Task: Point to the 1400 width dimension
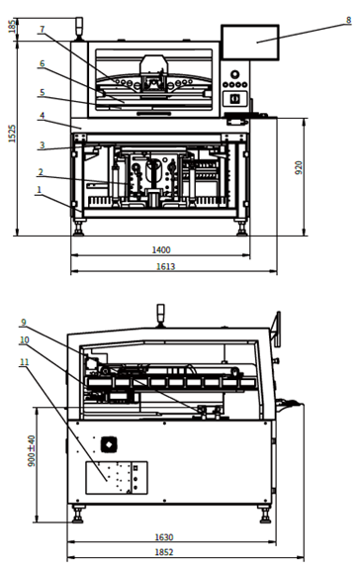click(161, 250)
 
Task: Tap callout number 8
click(349, 19)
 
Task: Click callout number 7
click(42, 30)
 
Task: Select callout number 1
click(40, 189)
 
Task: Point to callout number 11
click(23, 362)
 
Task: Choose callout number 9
click(23, 322)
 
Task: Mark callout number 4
click(42, 116)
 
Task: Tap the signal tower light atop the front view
click(80, 25)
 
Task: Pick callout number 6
click(42, 64)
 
